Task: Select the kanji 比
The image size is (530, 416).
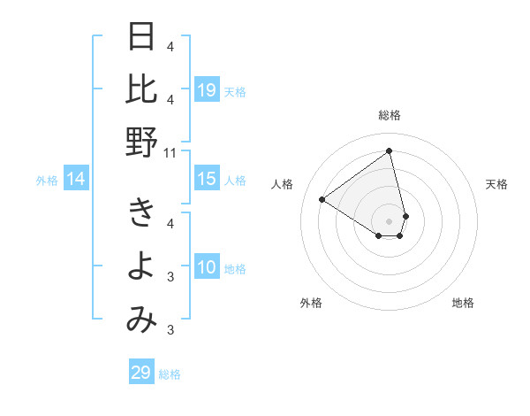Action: pos(141,89)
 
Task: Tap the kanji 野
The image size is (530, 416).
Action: pos(141,142)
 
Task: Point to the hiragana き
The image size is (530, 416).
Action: pos(141,213)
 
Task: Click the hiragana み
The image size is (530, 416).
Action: pos(141,320)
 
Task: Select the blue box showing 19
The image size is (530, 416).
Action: pos(207,89)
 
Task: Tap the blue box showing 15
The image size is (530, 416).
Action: pos(207,179)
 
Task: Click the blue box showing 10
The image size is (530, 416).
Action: pos(207,267)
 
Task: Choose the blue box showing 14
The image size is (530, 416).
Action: pos(76,180)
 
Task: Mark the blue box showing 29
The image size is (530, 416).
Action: pos(141,373)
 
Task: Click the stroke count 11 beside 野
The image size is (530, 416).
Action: pos(170,153)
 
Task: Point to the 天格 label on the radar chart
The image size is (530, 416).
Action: pos(496,184)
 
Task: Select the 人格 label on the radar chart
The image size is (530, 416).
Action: pos(283,184)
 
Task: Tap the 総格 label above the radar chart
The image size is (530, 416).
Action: pos(390,115)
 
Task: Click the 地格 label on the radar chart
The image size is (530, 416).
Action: pos(463,303)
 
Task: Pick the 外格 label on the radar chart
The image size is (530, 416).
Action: pos(311,303)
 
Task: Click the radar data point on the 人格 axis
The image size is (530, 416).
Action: pos(322,199)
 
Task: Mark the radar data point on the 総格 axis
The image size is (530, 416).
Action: pos(390,150)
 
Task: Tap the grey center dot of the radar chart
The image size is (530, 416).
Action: pos(390,220)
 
